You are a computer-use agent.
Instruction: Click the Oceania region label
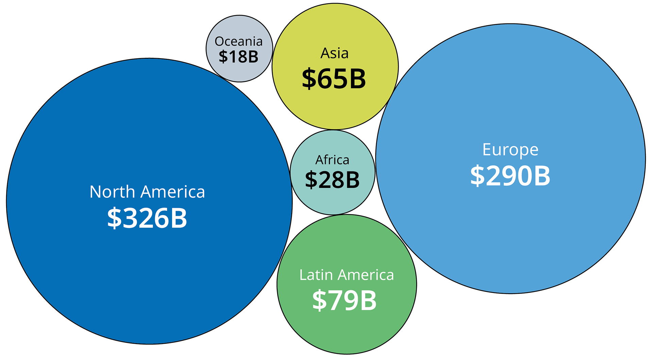[238, 42]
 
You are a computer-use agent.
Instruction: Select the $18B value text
[238, 56]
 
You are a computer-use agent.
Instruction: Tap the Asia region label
[335, 53]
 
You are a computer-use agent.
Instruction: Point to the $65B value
[334, 79]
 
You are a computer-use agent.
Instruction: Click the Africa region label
[332, 160]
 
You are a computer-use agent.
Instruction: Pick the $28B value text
[332, 180]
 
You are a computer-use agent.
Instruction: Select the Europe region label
[510, 150]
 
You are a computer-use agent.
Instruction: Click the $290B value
[510, 176]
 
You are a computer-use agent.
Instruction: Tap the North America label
[147, 192]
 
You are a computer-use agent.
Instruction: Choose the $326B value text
[147, 218]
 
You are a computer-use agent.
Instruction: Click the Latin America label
[347, 275]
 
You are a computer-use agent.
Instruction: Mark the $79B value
[345, 300]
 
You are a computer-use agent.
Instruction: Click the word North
[113, 192]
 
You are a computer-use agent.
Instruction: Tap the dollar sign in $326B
[114, 218]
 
